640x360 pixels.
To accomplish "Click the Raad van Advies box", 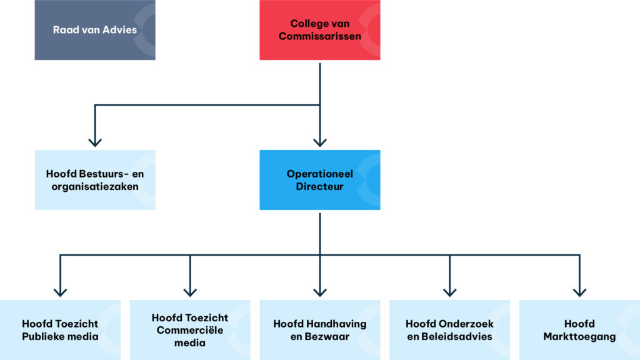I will click(94, 30).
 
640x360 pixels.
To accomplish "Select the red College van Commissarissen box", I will click(319, 30).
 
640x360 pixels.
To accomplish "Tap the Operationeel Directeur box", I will click(319, 179).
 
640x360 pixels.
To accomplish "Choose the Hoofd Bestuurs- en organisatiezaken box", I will click(94, 179).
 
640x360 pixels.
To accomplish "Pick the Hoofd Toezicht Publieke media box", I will click(60, 330).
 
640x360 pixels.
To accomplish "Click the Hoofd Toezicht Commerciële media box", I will click(190, 330).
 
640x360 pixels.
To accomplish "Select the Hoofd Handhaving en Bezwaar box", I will click(319, 330).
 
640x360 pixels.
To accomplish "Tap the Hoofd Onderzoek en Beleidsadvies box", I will click(449, 330).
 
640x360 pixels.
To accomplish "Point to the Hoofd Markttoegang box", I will click(579, 330).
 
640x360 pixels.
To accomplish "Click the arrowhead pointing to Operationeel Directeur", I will click(320, 141).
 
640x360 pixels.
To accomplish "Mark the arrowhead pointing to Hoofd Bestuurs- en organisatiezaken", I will click(95, 141).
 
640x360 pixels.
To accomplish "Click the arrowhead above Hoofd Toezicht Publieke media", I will click(60, 291).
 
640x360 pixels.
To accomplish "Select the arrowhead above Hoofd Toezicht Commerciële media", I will click(190, 291).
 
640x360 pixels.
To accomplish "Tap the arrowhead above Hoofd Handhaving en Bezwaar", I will click(320, 291).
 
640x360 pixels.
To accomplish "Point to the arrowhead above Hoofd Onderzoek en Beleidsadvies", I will click(450, 291).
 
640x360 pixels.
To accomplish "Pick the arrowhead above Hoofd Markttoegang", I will click(579, 291).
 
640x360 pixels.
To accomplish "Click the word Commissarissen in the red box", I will click(319, 36).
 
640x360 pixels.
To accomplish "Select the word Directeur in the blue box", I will click(319, 186).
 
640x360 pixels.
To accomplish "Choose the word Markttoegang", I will click(579, 337).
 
